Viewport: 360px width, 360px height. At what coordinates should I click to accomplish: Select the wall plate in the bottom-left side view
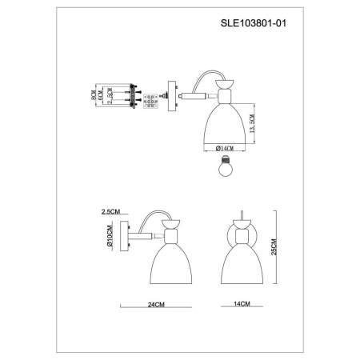tap(129, 238)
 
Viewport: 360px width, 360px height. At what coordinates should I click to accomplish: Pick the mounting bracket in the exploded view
tap(121, 97)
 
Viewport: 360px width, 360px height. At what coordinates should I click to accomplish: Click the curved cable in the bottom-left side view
tap(152, 218)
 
